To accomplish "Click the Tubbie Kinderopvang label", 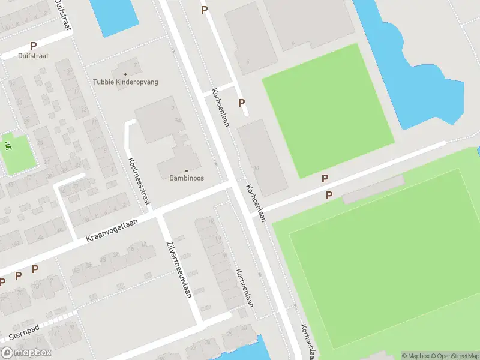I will [125, 82].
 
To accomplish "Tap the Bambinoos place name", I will [186, 178].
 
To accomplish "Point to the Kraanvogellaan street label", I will [112, 230].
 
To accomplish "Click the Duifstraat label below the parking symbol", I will [33, 56].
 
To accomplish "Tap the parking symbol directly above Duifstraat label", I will [33, 46].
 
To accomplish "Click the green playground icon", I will [8, 145].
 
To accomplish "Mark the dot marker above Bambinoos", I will [186, 170].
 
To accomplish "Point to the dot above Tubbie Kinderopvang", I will [125, 74].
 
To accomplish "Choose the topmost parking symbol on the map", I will [204, 10].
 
